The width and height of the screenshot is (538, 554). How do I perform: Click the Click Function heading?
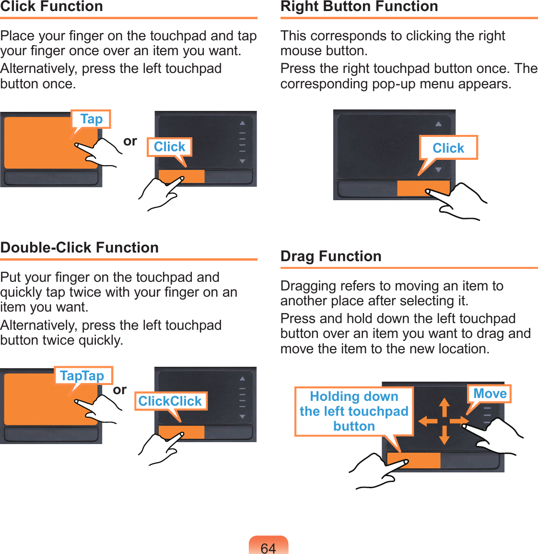click(51, 6)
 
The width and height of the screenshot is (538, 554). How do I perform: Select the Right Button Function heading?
click(359, 6)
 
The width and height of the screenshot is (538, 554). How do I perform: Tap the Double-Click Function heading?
click(80, 247)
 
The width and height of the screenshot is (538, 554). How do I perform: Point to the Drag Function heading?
click(331, 256)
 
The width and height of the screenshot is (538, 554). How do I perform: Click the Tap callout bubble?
click(92, 119)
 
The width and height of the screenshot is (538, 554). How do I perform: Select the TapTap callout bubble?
click(83, 375)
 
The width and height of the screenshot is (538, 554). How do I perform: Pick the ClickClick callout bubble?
click(171, 401)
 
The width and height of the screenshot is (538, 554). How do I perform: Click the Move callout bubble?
click(489, 394)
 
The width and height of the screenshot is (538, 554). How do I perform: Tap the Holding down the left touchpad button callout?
click(354, 411)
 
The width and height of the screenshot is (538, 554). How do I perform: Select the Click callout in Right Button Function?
click(448, 148)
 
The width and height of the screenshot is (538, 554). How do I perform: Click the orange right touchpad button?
click(423, 188)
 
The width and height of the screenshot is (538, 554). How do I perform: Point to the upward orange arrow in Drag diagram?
click(444, 407)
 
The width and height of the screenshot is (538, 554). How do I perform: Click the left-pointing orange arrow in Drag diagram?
click(428, 421)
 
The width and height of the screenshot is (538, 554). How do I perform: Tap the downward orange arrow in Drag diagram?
click(444, 435)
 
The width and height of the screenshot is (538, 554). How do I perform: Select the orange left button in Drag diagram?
click(413, 461)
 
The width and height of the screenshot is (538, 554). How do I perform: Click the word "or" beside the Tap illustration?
click(130, 141)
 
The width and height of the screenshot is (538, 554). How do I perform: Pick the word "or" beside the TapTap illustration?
click(119, 390)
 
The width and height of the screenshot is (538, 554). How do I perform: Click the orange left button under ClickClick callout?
click(181, 432)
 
